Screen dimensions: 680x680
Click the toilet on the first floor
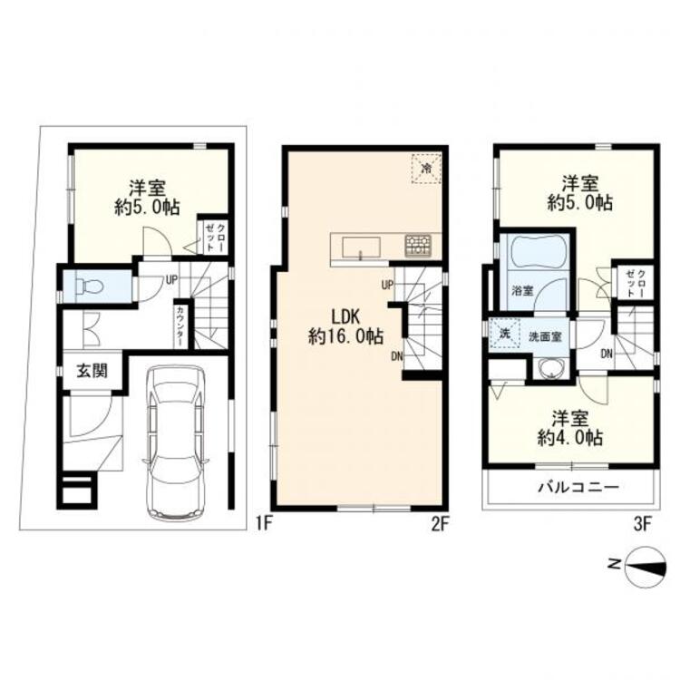89,287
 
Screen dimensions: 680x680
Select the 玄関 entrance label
92,371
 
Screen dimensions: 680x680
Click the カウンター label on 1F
180,326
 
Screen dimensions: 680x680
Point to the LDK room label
345,317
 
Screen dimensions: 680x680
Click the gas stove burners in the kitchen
418,246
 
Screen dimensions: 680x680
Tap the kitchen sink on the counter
361,248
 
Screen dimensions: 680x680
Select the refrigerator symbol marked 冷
427,169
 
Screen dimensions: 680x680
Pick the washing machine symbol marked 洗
504,335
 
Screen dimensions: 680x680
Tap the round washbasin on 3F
551,368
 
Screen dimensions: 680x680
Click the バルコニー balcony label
578,488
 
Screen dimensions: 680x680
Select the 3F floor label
643,525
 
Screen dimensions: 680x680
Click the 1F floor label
263,525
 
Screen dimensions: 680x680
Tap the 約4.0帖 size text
570,439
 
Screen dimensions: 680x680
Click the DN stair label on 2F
397,356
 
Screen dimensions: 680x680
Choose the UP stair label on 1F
171,280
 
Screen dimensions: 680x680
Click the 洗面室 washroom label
545,336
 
